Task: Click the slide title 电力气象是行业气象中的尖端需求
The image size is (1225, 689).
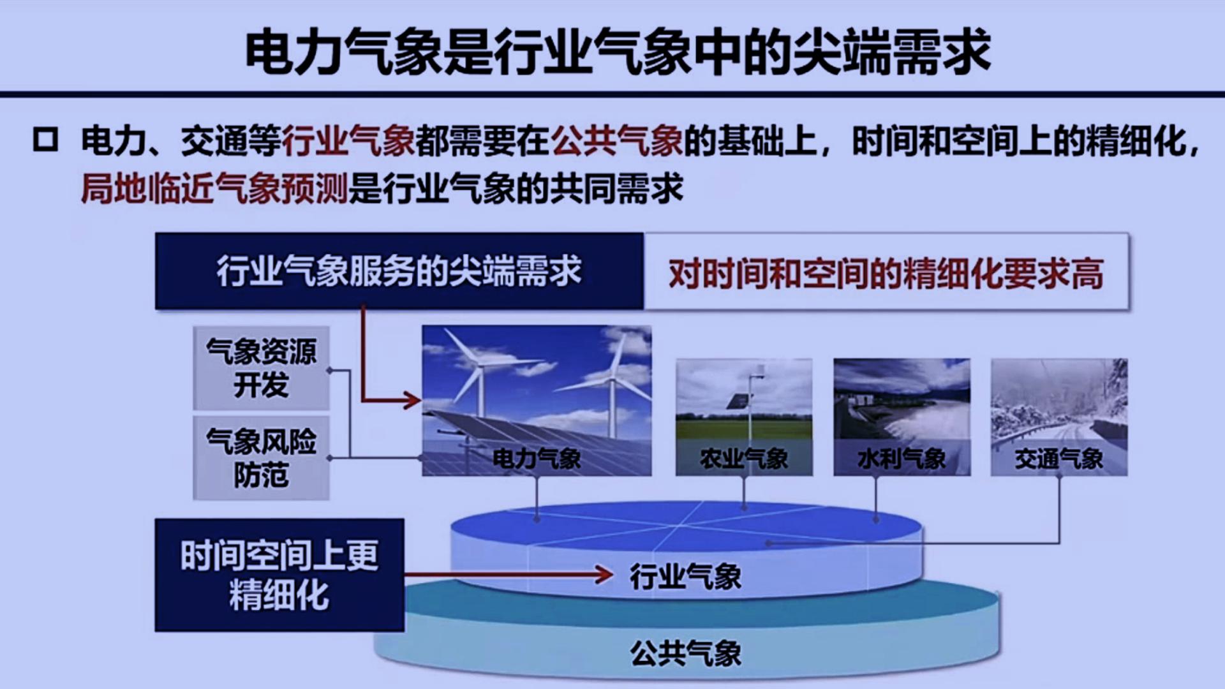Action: point(617,51)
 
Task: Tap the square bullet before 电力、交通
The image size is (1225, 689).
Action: point(45,140)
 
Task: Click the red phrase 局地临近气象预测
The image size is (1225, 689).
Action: point(214,189)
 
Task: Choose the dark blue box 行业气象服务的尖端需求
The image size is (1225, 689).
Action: point(399,272)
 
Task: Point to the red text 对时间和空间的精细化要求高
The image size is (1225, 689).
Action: point(886,274)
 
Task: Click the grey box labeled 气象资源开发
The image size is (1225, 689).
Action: point(261,368)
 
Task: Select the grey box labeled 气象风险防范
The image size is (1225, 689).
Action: point(261,458)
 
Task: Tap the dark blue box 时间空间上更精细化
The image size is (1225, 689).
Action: point(279,575)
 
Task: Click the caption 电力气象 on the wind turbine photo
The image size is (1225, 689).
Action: point(537,459)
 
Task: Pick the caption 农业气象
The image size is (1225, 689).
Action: point(744,459)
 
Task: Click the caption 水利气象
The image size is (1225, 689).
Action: point(902,459)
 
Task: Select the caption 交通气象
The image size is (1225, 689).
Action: point(1059,459)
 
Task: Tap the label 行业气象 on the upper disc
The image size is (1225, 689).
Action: point(685,577)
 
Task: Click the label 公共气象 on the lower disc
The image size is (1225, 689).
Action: point(685,653)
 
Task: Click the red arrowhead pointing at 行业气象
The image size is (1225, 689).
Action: point(603,574)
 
